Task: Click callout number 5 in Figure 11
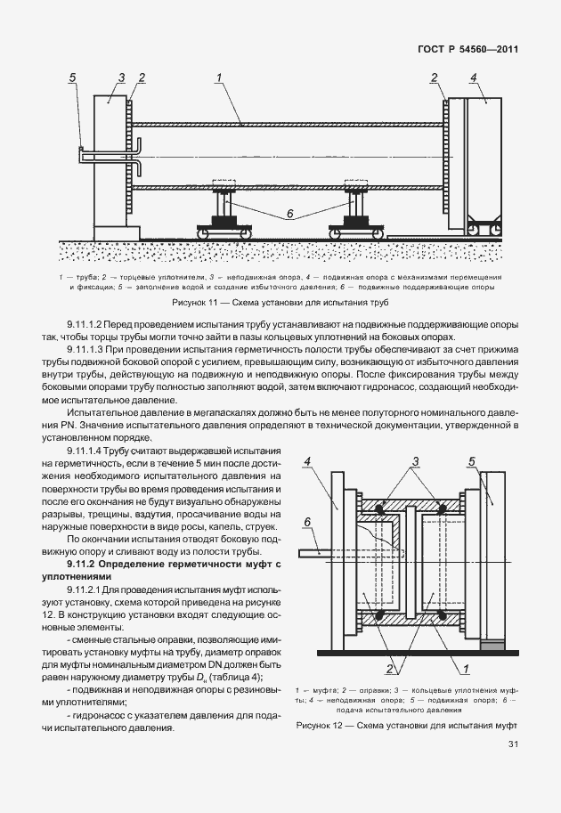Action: click(74, 78)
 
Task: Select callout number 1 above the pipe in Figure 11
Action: click(218, 78)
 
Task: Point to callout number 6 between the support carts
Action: click(289, 214)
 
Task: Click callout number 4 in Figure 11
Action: click(474, 78)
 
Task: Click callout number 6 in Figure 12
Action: click(307, 522)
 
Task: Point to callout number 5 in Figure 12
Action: click(471, 460)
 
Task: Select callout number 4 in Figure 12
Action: click(306, 460)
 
